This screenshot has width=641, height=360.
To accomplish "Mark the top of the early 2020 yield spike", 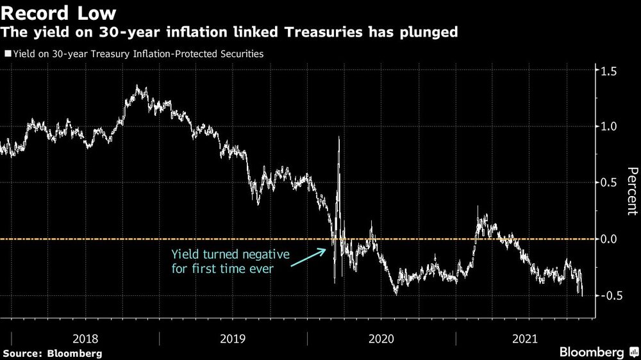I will tap(338, 137).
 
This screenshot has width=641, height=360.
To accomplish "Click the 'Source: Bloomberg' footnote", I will tap(53, 353).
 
